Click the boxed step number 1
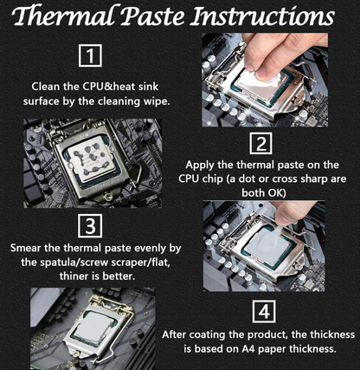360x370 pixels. [90, 55]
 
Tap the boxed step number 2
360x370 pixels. [260, 143]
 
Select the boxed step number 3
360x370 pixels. [90, 226]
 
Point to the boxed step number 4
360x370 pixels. [264, 311]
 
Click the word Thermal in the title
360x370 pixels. [66, 16]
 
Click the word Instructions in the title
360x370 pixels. [262, 16]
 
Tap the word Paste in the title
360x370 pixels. [154, 16]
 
